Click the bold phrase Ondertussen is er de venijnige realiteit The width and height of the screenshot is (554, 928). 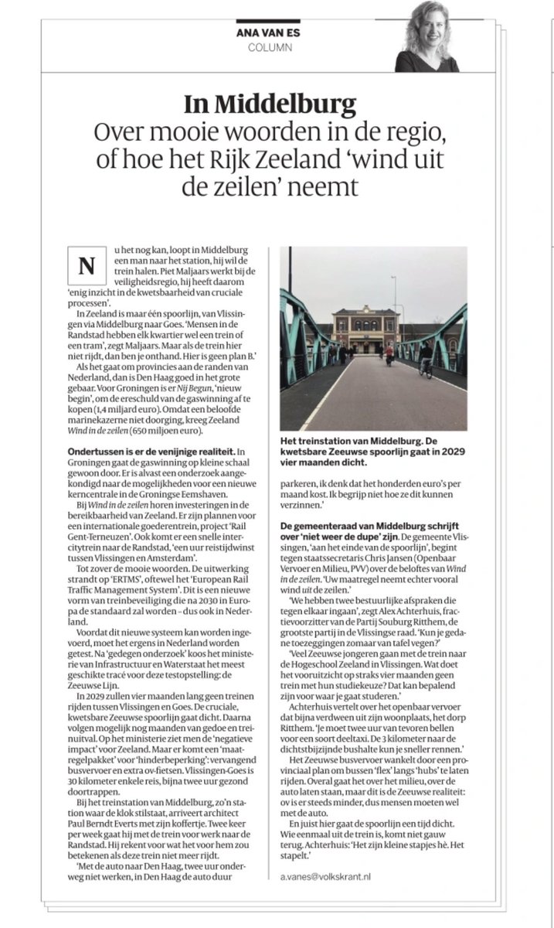coord(149,450)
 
